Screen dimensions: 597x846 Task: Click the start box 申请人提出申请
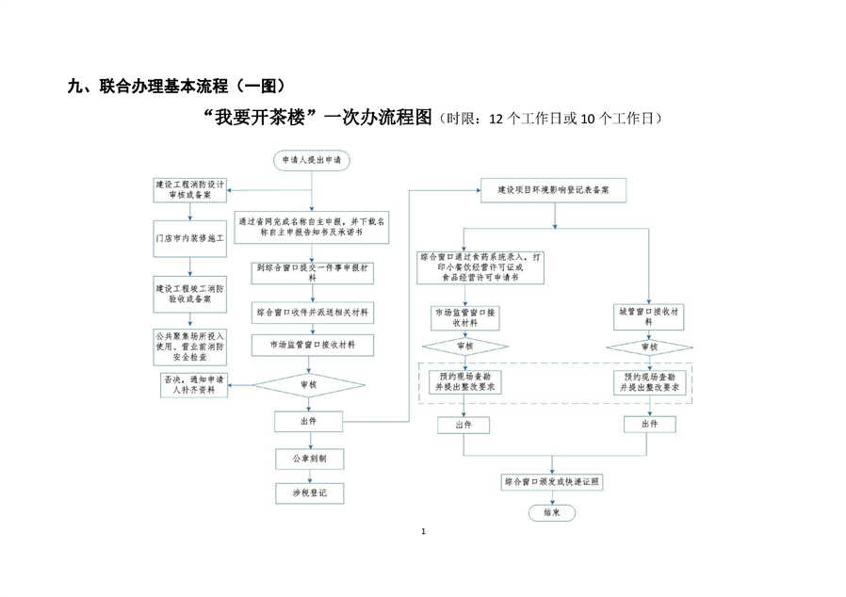pyautogui.click(x=312, y=161)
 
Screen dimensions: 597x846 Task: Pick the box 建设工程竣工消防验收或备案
pyautogui.click(x=190, y=294)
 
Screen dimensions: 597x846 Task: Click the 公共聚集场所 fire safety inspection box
pyautogui.click(x=190, y=347)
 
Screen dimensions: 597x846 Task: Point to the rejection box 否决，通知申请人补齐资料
pyautogui.click(x=194, y=384)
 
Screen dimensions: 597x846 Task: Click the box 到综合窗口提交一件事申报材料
pyautogui.click(x=312, y=272)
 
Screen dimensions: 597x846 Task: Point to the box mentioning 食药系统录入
pyautogui.click(x=481, y=266)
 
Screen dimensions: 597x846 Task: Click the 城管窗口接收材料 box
pyautogui.click(x=648, y=315)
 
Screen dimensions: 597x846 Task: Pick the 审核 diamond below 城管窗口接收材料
pyautogui.click(x=648, y=347)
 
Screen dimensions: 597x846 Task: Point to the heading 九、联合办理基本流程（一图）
pyautogui.click(x=175, y=87)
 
